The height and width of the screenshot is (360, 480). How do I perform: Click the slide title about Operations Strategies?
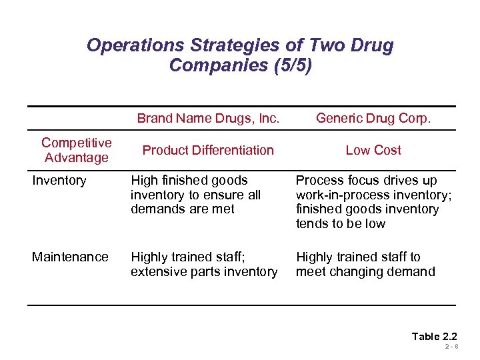point(240,55)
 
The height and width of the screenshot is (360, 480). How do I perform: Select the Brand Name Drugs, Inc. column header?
point(208,119)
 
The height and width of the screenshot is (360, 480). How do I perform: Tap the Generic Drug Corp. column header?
point(373,119)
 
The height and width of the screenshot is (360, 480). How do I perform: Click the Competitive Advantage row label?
point(76,150)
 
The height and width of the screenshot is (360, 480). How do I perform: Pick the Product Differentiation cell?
point(208,150)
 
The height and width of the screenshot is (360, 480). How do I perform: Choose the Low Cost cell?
point(373,150)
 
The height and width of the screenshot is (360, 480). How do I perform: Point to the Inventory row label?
point(59,180)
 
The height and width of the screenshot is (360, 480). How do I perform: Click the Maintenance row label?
point(70,257)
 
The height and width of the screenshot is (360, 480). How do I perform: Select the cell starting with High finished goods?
point(195,195)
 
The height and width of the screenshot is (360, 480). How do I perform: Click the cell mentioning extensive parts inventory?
point(204,264)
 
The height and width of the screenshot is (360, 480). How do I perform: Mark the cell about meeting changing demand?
point(365,264)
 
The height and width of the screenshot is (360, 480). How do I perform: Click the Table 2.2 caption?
point(434,336)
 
